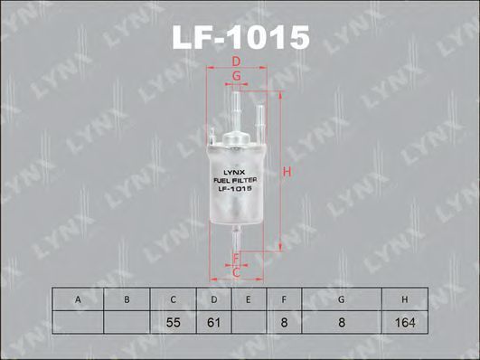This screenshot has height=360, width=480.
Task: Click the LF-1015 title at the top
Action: tap(241, 38)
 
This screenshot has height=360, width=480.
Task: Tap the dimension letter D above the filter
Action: tap(236, 62)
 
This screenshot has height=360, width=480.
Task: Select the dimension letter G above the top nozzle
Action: tap(236, 76)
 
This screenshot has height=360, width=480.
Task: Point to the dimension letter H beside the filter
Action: tap(287, 172)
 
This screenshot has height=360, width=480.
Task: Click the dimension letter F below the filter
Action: tap(236, 259)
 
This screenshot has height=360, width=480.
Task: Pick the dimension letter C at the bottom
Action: tap(236, 272)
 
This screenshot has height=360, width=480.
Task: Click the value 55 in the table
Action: tap(173, 322)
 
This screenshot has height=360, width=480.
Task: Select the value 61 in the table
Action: tap(213, 322)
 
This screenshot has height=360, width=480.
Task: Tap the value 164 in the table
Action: tap(405, 322)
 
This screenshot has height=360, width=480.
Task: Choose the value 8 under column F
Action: tap(284, 322)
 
